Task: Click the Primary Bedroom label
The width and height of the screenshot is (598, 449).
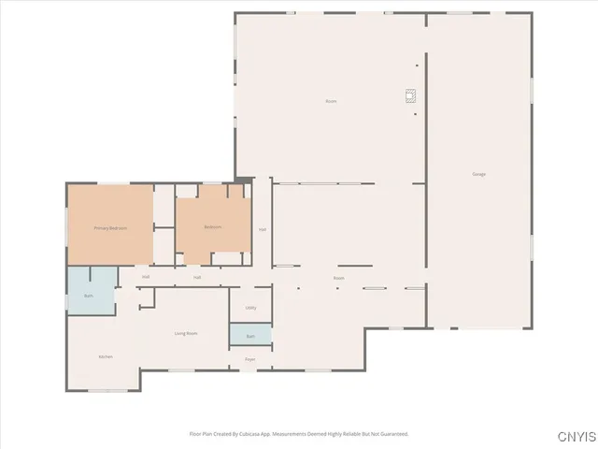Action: pyautogui.click(x=110, y=228)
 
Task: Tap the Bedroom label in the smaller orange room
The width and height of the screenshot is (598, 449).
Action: pyautogui.click(x=213, y=227)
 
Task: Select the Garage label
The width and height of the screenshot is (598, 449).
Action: pyautogui.click(x=478, y=175)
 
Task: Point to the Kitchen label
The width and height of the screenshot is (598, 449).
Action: pyautogui.click(x=106, y=357)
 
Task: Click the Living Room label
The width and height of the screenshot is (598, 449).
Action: pyautogui.click(x=186, y=333)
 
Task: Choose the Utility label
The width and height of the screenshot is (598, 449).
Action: pyautogui.click(x=250, y=308)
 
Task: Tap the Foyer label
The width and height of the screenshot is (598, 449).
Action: pyautogui.click(x=250, y=359)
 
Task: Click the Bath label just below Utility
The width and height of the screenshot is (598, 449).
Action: pyautogui.click(x=250, y=336)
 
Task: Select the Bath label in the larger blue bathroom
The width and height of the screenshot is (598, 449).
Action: pyautogui.click(x=89, y=296)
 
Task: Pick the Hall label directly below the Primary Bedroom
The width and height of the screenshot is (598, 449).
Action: pyautogui.click(x=146, y=277)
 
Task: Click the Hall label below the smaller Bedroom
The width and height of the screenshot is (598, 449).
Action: pyautogui.click(x=197, y=277)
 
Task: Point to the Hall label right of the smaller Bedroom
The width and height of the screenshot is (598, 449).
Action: pyautogui.click(x=263, y=229)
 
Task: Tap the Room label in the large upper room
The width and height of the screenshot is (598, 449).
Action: pyautogui.click(x=331, y=101)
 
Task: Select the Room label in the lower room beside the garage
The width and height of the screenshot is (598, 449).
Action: pyautogui.click(x=339, y=278)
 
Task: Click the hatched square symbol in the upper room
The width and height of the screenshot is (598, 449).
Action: pyautogui.click(x=409, y=94)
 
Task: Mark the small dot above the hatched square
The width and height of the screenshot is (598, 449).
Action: pyautogui.click(x=418, y=65)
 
